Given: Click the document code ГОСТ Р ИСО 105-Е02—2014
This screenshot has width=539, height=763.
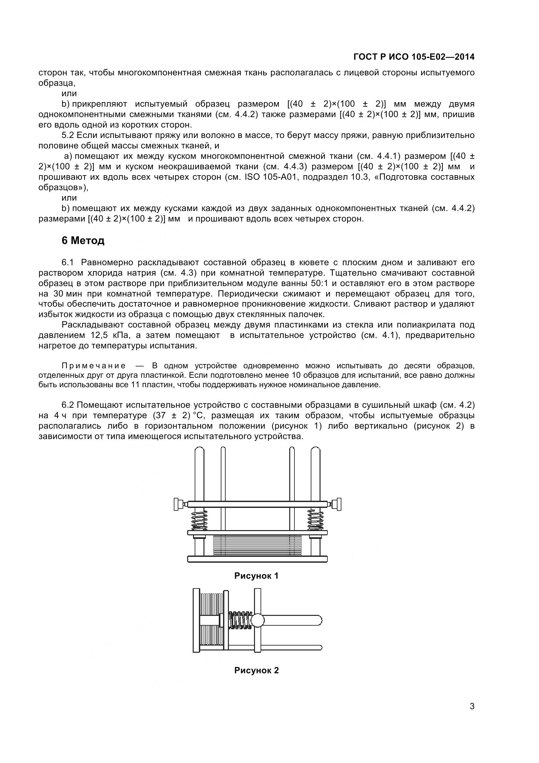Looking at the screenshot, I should (414, 57).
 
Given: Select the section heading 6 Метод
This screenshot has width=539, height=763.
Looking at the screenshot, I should (83, 241).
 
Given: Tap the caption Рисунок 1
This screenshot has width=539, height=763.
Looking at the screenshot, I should (256, 576).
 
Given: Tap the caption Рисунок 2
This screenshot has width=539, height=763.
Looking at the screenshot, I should (256, 670).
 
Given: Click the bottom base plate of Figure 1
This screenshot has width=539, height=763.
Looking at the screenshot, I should (257, 559).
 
